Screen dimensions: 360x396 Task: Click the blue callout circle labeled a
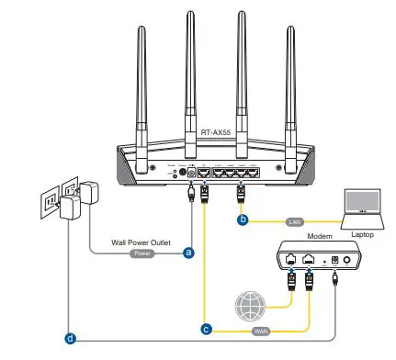click(x=188, y=250)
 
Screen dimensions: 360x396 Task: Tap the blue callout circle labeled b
click(x=243, y=219)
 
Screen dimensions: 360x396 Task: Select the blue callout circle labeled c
click(x=206, y=327)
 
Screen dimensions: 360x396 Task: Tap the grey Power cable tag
click(x=141, y=250)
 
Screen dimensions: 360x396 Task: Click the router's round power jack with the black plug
click(x=190, y=171)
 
